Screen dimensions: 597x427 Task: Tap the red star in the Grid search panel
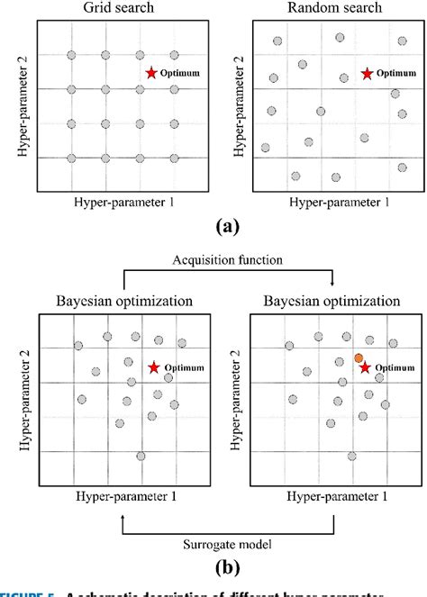click(x=152, y=71)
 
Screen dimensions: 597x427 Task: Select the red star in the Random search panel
click(x=367, y=73)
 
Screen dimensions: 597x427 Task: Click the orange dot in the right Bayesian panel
click(x=359, y=357)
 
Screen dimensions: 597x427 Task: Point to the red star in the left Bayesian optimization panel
click(x=154, y=367)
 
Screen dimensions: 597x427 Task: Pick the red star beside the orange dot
click(x=365, y=367)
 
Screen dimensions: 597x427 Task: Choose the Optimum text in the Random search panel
click(x=393, y=74)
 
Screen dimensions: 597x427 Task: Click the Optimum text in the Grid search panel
click(x=179, y=71)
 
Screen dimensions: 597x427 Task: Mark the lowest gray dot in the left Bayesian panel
click(x=141, y=456)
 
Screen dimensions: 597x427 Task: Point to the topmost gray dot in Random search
click(x=340, y=37)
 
